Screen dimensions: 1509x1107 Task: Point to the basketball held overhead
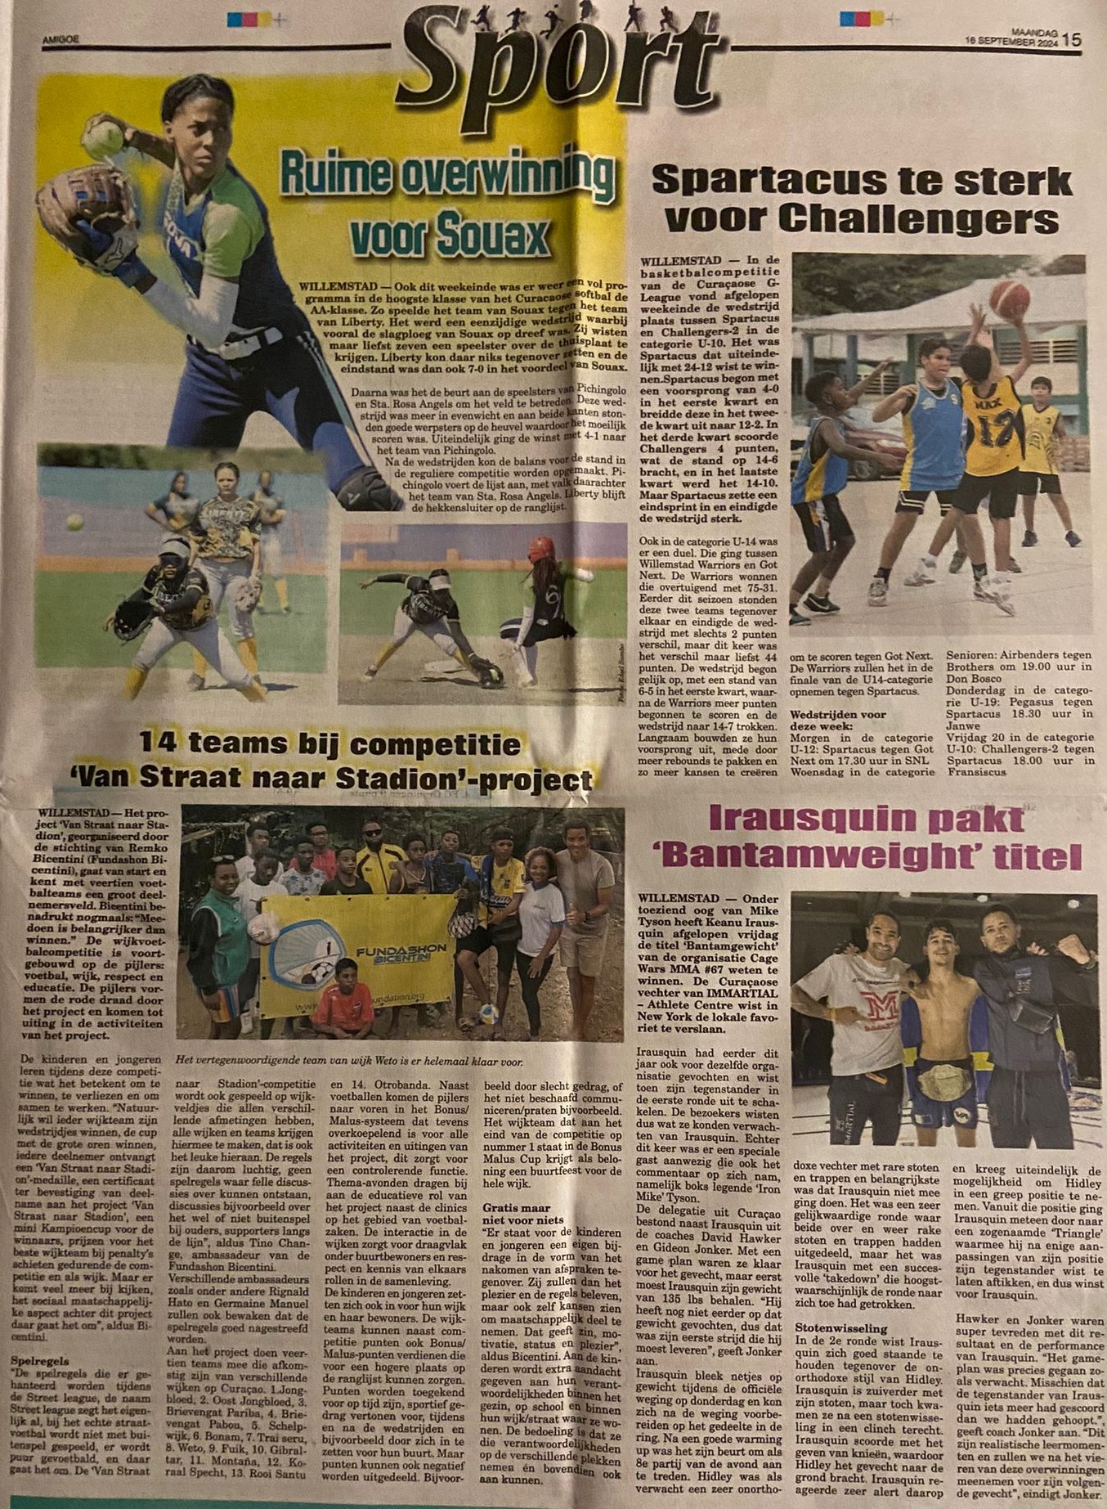(x=1010, y=301)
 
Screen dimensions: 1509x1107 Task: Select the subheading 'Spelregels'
(x=40, y=1361)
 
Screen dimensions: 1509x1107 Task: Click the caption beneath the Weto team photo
(x=348, y=1062)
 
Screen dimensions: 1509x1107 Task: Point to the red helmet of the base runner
(x=540, y=548)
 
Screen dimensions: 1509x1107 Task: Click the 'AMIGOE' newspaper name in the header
(x=61, y=37)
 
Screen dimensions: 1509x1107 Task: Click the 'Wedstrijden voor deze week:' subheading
(x=838, y=720)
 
